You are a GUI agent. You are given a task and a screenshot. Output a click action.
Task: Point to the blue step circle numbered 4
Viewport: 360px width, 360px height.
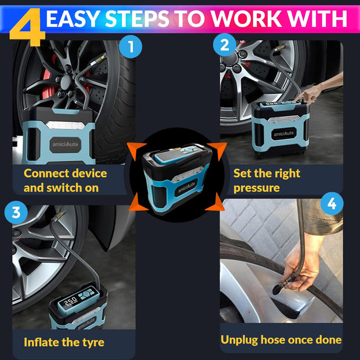click(x=332, y=204)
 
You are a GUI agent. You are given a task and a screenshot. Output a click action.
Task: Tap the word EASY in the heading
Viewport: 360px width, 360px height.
click(x=73, y=19)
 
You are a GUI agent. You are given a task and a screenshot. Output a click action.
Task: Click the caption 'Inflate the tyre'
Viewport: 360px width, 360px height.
click(x=64, y=342)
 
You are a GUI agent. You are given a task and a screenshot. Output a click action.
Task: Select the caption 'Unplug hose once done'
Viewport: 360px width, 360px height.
click(x=281, y=340)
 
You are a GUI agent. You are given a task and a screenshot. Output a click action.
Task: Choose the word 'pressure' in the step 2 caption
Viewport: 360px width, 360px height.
click(x=257, y=188)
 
